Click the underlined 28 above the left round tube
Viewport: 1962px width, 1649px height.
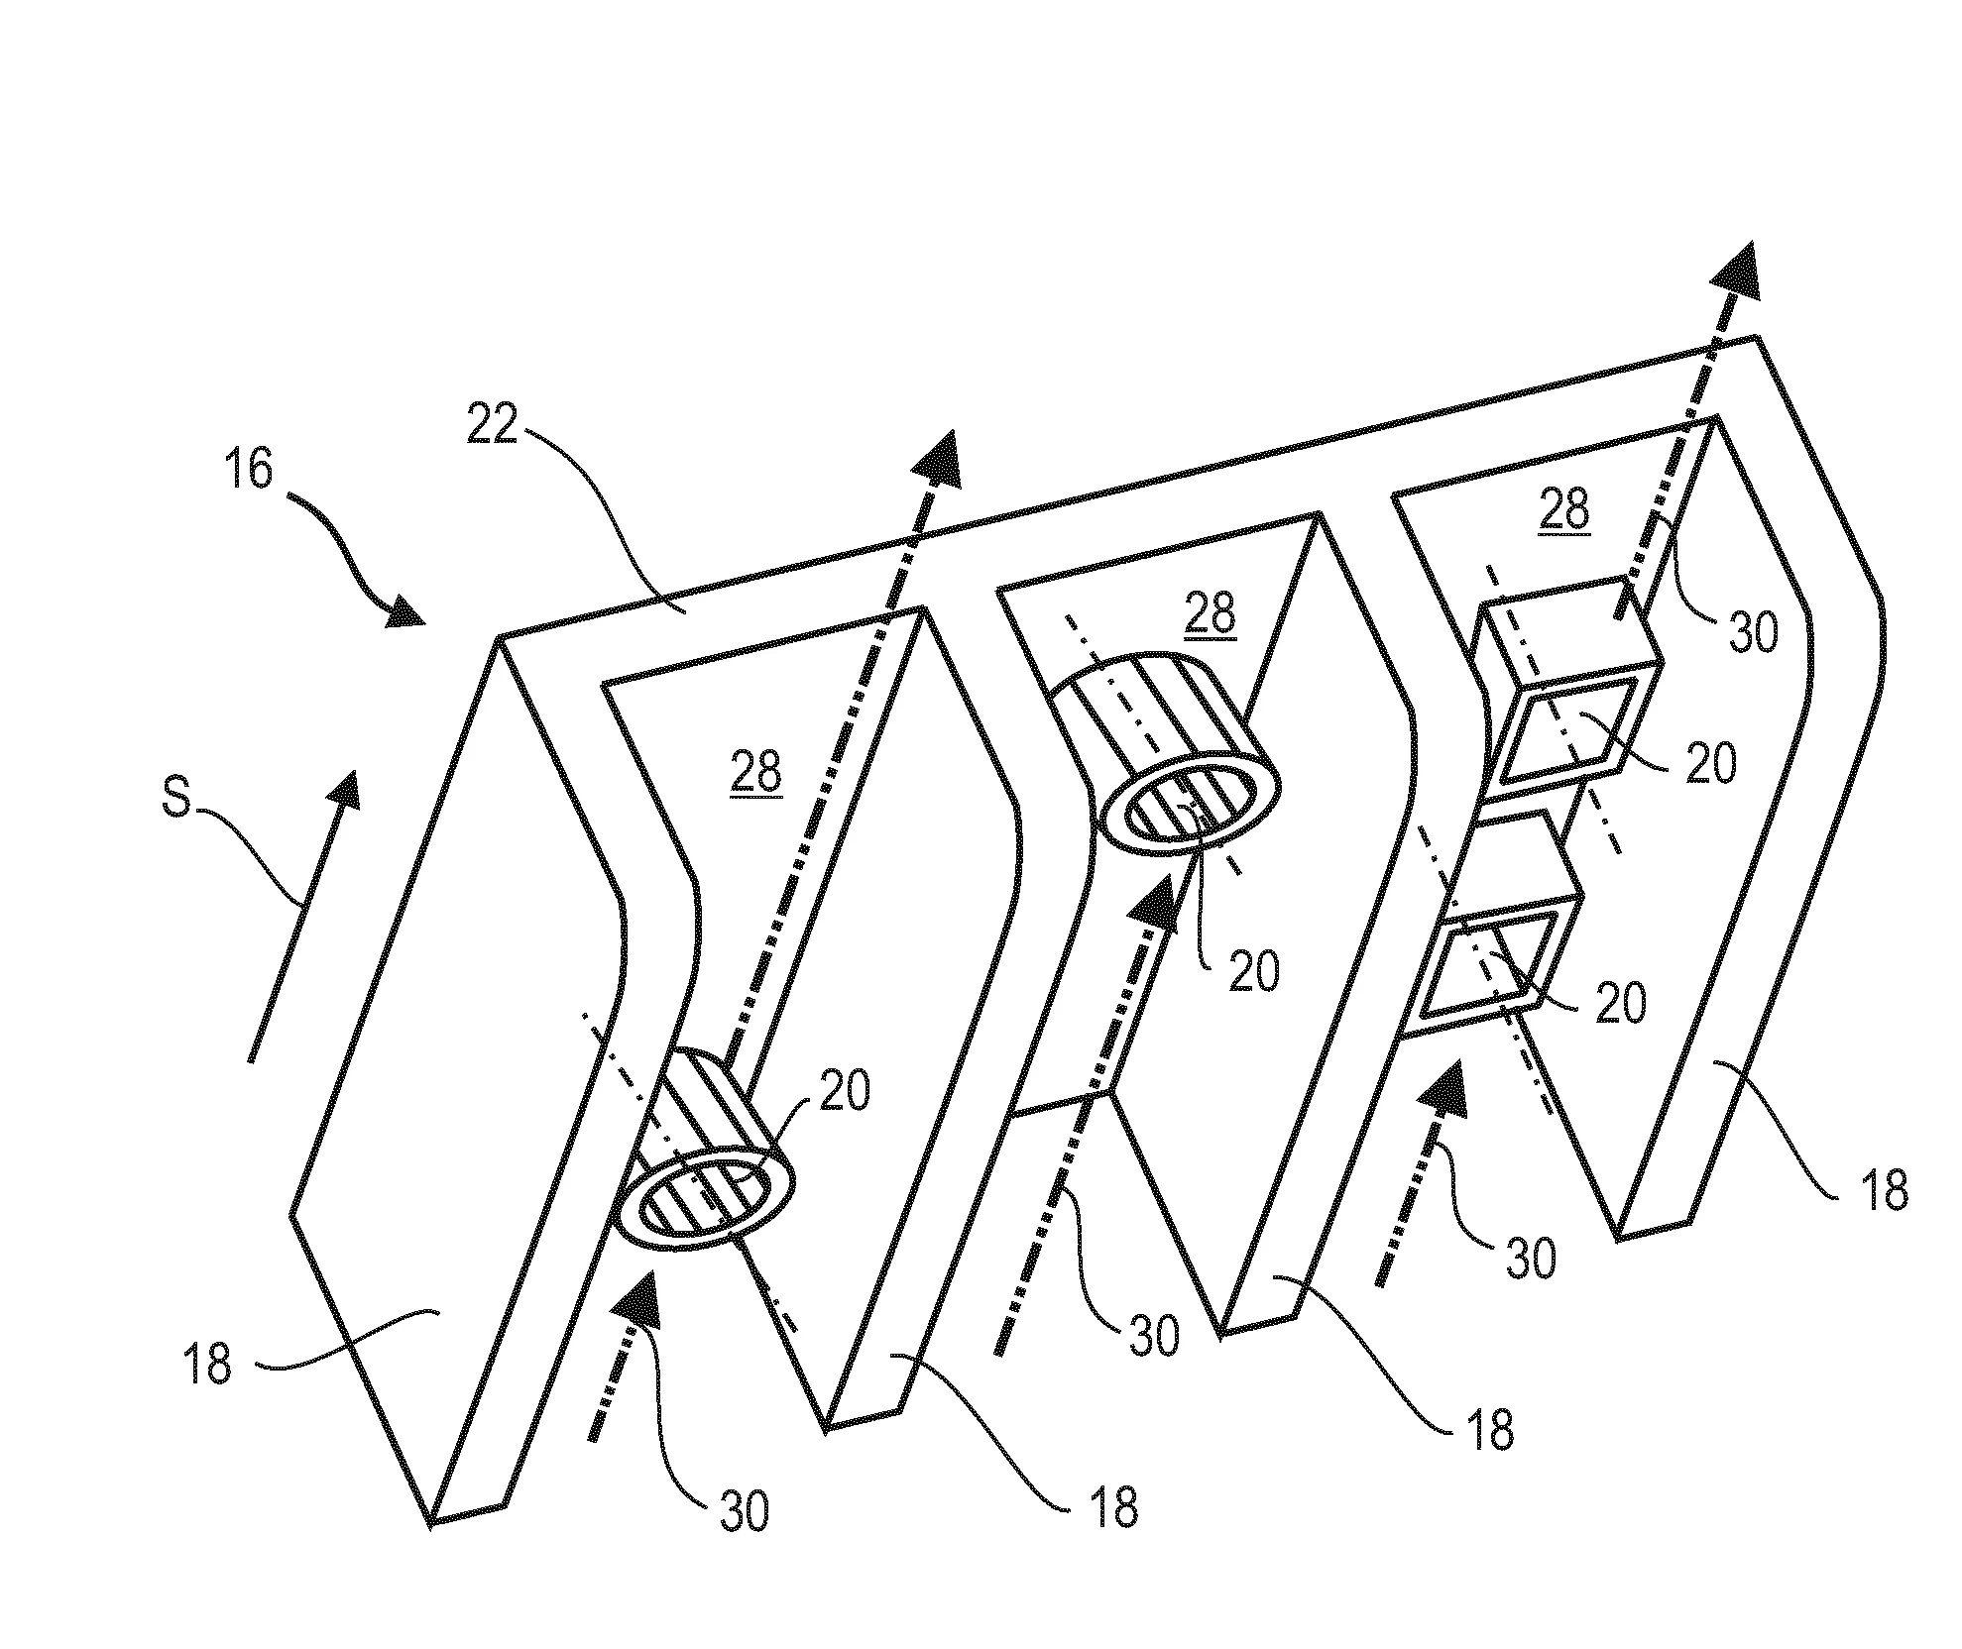(755, 772)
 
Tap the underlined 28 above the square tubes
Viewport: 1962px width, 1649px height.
(1563, 509)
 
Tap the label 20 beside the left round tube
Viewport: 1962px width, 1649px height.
(843, 1091)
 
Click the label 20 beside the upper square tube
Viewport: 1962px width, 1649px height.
(1710, 762)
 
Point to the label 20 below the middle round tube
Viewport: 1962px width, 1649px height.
(1253, 970)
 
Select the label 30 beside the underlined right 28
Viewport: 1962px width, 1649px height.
(1752, 630)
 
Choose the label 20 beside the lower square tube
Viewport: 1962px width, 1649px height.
(1620, 1003)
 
